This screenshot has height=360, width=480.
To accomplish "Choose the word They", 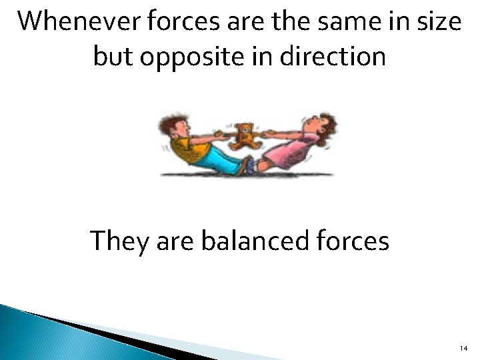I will (117, 241).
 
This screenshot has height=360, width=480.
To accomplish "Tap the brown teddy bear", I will (246, 135).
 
